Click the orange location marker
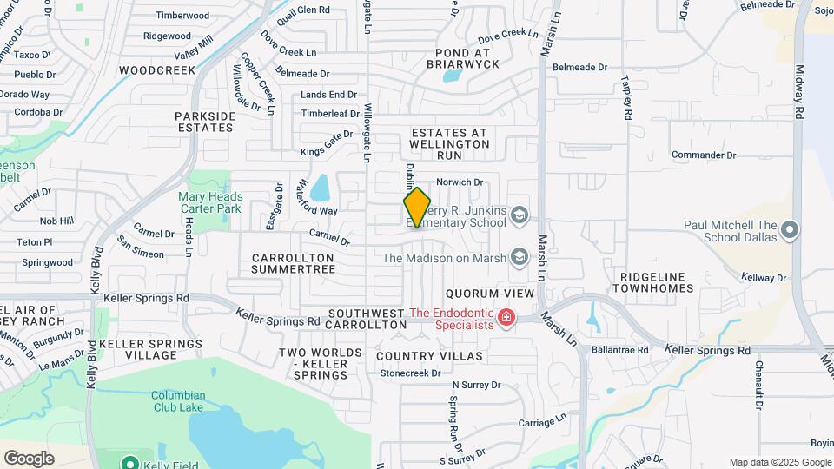[417, 208]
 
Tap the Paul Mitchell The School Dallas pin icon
[790, 230]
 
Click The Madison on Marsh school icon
[519, 256]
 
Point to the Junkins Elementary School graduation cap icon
[519, 215]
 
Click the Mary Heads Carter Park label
[210, 202]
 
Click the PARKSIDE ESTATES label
[205, 122]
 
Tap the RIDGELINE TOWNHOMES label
[656, 281]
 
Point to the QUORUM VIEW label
[489, 294]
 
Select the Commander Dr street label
[704, 155]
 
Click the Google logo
[29, 459]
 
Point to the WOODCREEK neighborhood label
[157, 69]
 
